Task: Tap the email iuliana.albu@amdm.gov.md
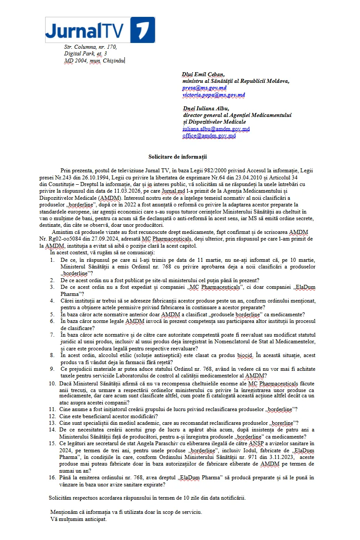[216, 129]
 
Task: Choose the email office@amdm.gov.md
[209, 136]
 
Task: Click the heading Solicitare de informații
[178, 156]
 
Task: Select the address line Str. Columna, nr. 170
[90, 47]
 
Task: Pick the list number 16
[52, 478]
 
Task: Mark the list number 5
[52, 315]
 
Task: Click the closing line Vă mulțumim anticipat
[78, 519]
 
